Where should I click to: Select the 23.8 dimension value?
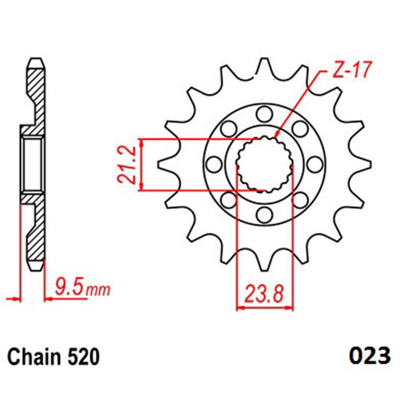coord(264,294)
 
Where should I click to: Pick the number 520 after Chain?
coord(84,357)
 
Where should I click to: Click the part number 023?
coord(370,355)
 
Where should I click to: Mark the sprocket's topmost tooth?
coord(265,65)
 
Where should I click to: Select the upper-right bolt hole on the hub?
coord(300,129)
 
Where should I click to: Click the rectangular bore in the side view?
coord(33,164)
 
